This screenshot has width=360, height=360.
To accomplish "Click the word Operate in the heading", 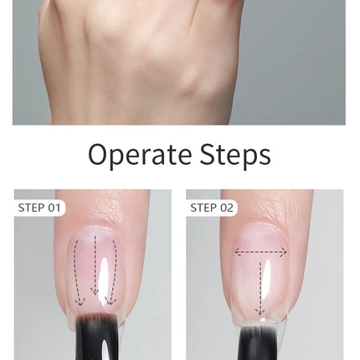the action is (x=140, y=155).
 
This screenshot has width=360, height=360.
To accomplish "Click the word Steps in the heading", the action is (x=235, y=155).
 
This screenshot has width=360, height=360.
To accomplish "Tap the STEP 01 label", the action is (x=39, y=208).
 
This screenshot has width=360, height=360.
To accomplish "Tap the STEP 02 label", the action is (x=212, y=208).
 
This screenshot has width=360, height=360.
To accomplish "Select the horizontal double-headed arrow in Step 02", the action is (x=260, y=252).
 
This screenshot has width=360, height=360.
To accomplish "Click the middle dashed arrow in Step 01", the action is (x=95, y=265).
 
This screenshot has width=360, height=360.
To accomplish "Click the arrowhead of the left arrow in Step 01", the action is (x=80, y=302).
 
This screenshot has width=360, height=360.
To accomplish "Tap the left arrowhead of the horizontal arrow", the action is (x=237, y=252).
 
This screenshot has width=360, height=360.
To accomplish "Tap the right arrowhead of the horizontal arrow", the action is (x=284, y=252).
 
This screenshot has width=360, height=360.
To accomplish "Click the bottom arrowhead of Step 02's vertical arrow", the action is (x=260, y=311).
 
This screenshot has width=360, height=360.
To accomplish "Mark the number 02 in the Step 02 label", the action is (x=227, y=208).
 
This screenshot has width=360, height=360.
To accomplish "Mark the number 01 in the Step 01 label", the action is (x=54, y=208).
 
